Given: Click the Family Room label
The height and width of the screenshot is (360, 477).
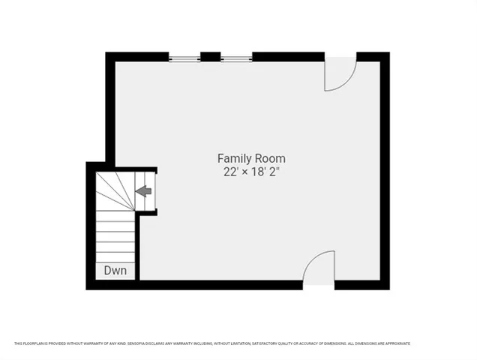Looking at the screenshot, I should pyautogui.click(x=251, y=158).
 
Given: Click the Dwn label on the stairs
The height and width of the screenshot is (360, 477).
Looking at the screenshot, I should pyautogui.click(x=115, y=270).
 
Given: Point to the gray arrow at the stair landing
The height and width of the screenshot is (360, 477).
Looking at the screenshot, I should pyautogui.click(x=143, y=191).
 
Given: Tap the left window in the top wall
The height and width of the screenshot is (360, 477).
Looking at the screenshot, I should pyautogui.click(x=184, y=57).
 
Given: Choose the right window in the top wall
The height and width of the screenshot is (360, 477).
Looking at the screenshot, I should pyautogui.click(x=236, y=57).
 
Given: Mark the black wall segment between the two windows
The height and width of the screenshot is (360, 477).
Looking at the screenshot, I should pyautogui.click(x=211, y=56).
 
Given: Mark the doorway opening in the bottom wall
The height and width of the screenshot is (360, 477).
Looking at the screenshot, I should pyautogui.click(x=319, y=284).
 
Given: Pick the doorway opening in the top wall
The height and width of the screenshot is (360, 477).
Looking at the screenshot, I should pyautogui.click(x=340, y=56).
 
